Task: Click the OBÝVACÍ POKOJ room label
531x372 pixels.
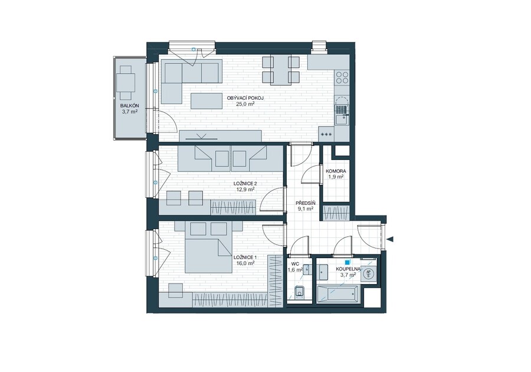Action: [x=245, y=98]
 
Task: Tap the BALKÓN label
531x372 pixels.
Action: [x=129, y=105]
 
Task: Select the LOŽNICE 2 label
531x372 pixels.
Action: [x=245, y=184]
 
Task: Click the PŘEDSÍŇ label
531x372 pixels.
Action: [x=305, y=203]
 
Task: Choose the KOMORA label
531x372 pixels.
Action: [x=336, y=171]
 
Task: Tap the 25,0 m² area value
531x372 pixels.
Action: [x=245, y=104]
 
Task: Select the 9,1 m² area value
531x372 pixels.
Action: [x=305, y=208]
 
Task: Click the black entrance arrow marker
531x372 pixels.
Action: [x=391, y=240]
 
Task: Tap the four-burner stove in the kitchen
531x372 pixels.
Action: [x=342, y=77]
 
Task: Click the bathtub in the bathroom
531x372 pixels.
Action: [x=337, y=293]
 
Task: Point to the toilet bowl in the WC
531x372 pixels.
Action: [x=299, y=292]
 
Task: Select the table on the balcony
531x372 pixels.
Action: [x=126, y=82]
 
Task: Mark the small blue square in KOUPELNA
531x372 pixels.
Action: [x=347, y=262]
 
